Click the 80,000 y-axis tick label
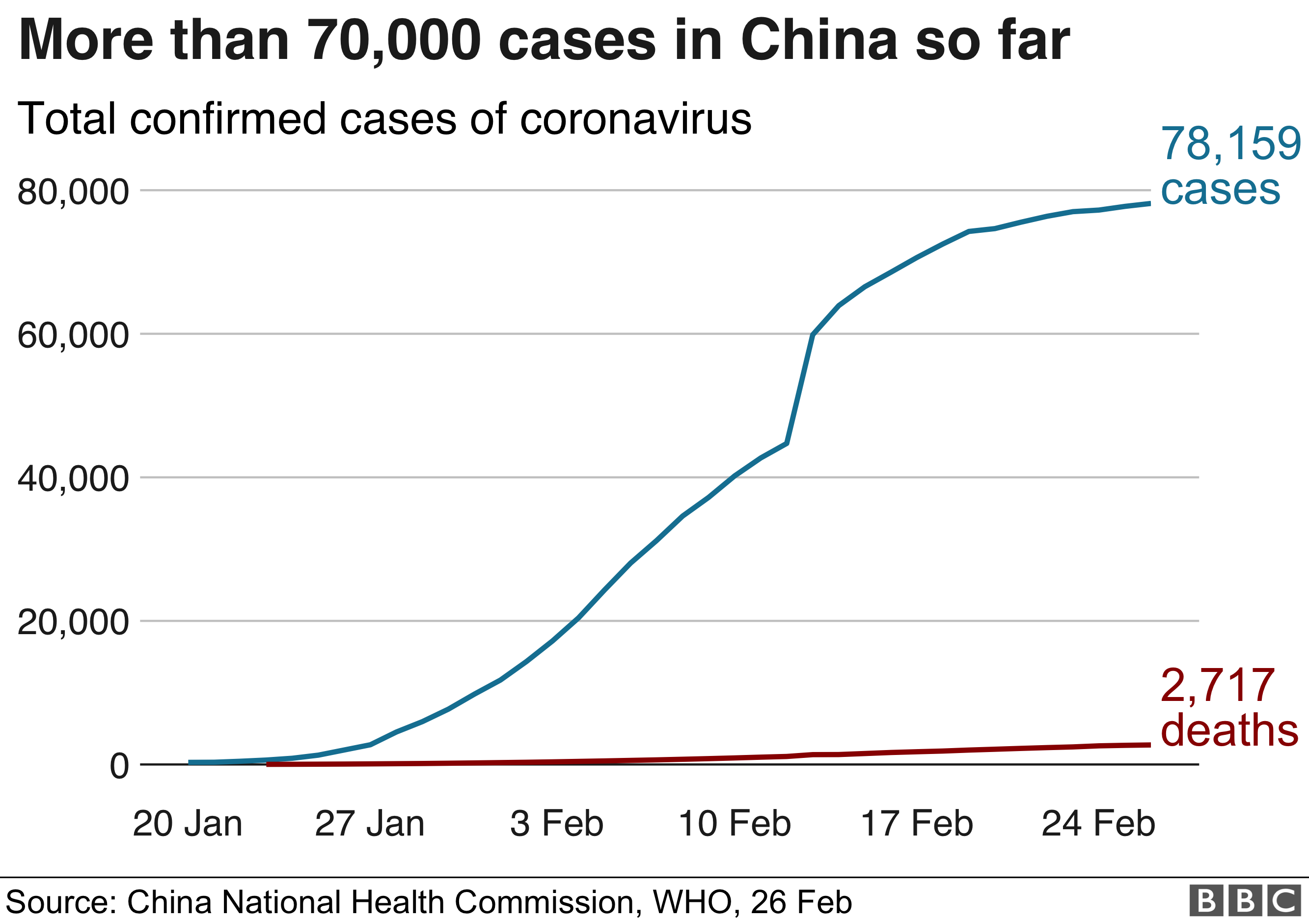74,192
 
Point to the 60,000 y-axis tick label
74,335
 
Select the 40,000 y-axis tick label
74,478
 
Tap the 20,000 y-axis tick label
74,622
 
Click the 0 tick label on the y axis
120,766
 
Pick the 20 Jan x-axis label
188,824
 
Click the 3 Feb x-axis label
556,824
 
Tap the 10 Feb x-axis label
735,824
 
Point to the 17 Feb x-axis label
917,824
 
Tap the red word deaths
1229,730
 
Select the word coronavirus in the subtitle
636,119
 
